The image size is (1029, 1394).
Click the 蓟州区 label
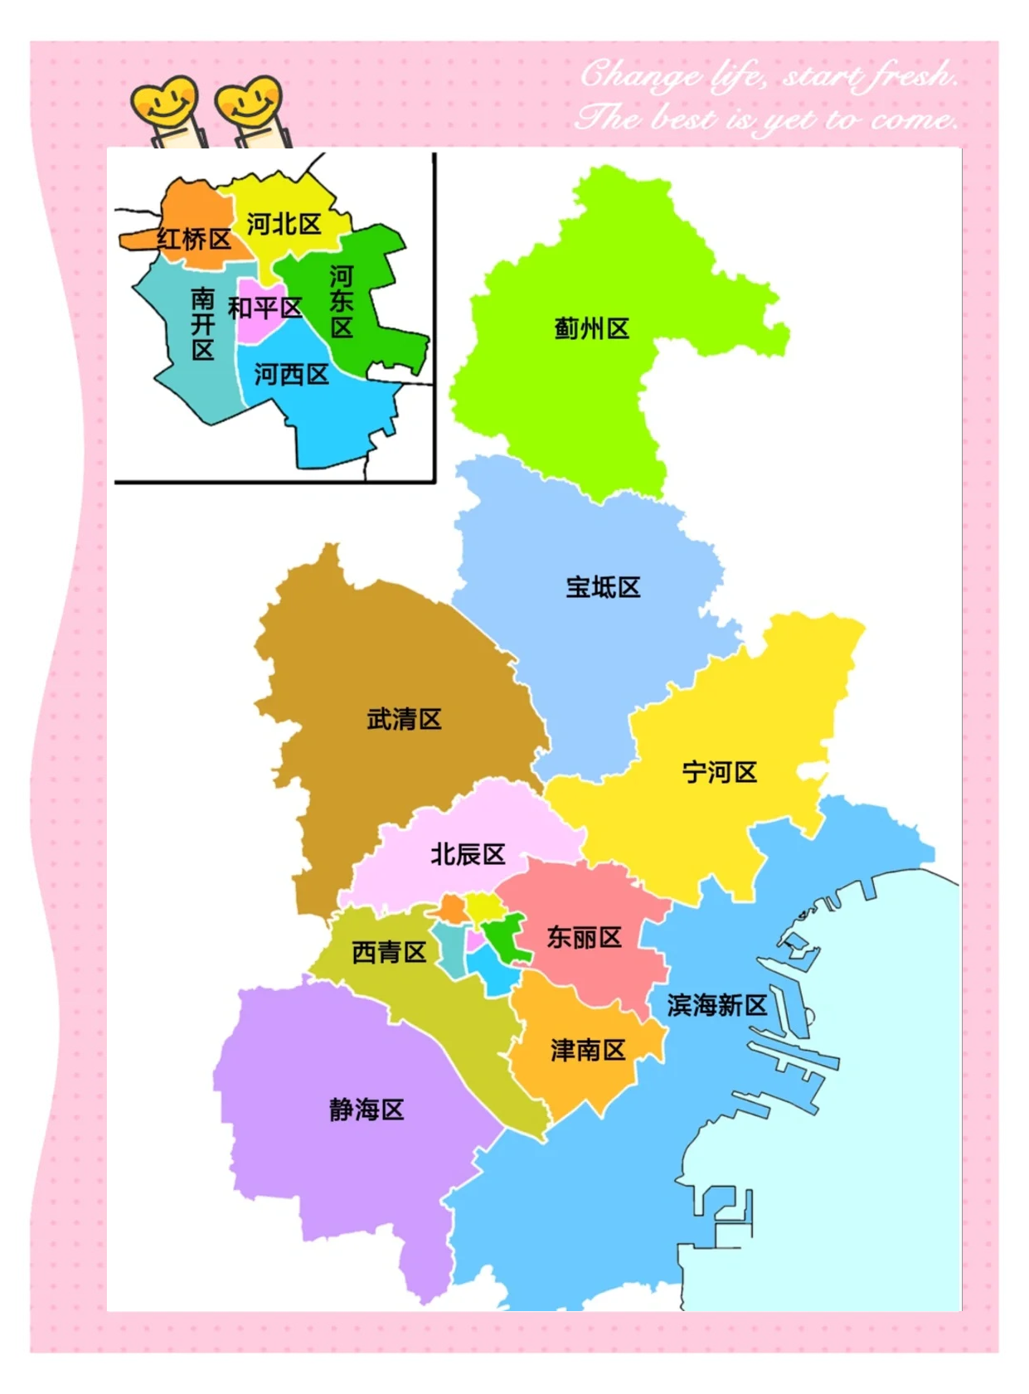pos(591,329)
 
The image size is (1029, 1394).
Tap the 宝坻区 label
pos(603,588)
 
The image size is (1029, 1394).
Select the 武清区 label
pos(404,719)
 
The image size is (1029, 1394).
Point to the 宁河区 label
pos(719,773)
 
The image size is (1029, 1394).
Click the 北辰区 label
pos(468,854)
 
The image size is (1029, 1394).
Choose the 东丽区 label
pos(584,938)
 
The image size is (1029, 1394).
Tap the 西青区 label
pos(389,952)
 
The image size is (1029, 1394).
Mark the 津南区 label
pos(588,1051)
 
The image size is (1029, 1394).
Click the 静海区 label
pos(366,1110)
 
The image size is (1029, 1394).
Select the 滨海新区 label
pos(717,1006)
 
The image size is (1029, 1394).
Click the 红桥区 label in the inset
pos(194,240)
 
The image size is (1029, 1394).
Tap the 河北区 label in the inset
pos(284,224)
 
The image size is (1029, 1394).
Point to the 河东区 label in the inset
pos(342,302)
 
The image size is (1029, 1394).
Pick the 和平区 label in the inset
pos(265,308)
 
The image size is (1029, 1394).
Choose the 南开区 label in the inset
pos(203,324)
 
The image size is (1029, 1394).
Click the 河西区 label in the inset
pos(291,375)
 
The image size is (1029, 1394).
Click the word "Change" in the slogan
pos(639,76)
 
